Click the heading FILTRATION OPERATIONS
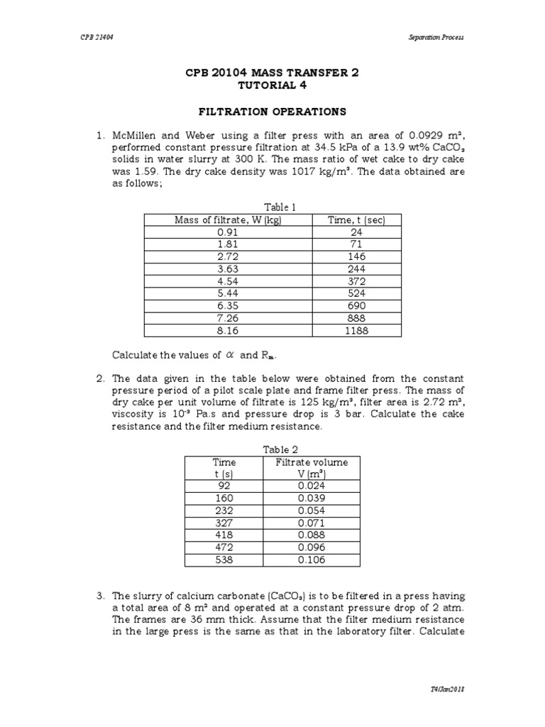click(x=272, y=111)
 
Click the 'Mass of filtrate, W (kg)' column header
click(x=229, y=220)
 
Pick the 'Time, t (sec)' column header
click(x=356, y=220)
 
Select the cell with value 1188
click(x=356, y=331)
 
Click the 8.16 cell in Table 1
click(x=229, y=331)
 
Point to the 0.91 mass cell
click(x=229, y=232)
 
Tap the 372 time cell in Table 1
click(x=356, y=281)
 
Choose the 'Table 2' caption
click(x=280, y=449)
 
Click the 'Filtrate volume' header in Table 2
click(x=312, y=461)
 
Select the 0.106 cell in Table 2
click(x=312, y=560)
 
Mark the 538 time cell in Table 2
click(x=224, y=560)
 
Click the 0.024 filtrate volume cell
click(x=312, y=486)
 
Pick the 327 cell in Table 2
click(x=224, y=523)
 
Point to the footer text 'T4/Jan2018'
click(x=448, y=690)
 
